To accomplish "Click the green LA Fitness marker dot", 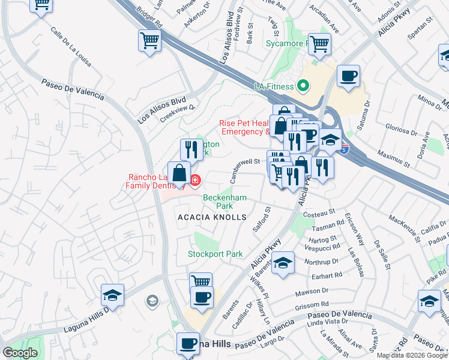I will point(303,86).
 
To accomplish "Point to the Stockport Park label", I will point(215,254).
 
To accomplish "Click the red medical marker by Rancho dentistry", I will point(195,179).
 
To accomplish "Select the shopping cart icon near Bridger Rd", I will point(149,41).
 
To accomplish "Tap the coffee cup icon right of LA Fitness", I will point(348,77).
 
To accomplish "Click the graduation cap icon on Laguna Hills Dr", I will point(112,295).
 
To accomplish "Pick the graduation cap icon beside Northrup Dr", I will point(283,263).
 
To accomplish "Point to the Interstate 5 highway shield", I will point(343,150).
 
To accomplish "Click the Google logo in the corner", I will point(20,353).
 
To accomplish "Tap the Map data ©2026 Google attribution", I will point(412,355).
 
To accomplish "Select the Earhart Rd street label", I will point(327,276).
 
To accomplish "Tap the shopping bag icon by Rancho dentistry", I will point(179,173).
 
